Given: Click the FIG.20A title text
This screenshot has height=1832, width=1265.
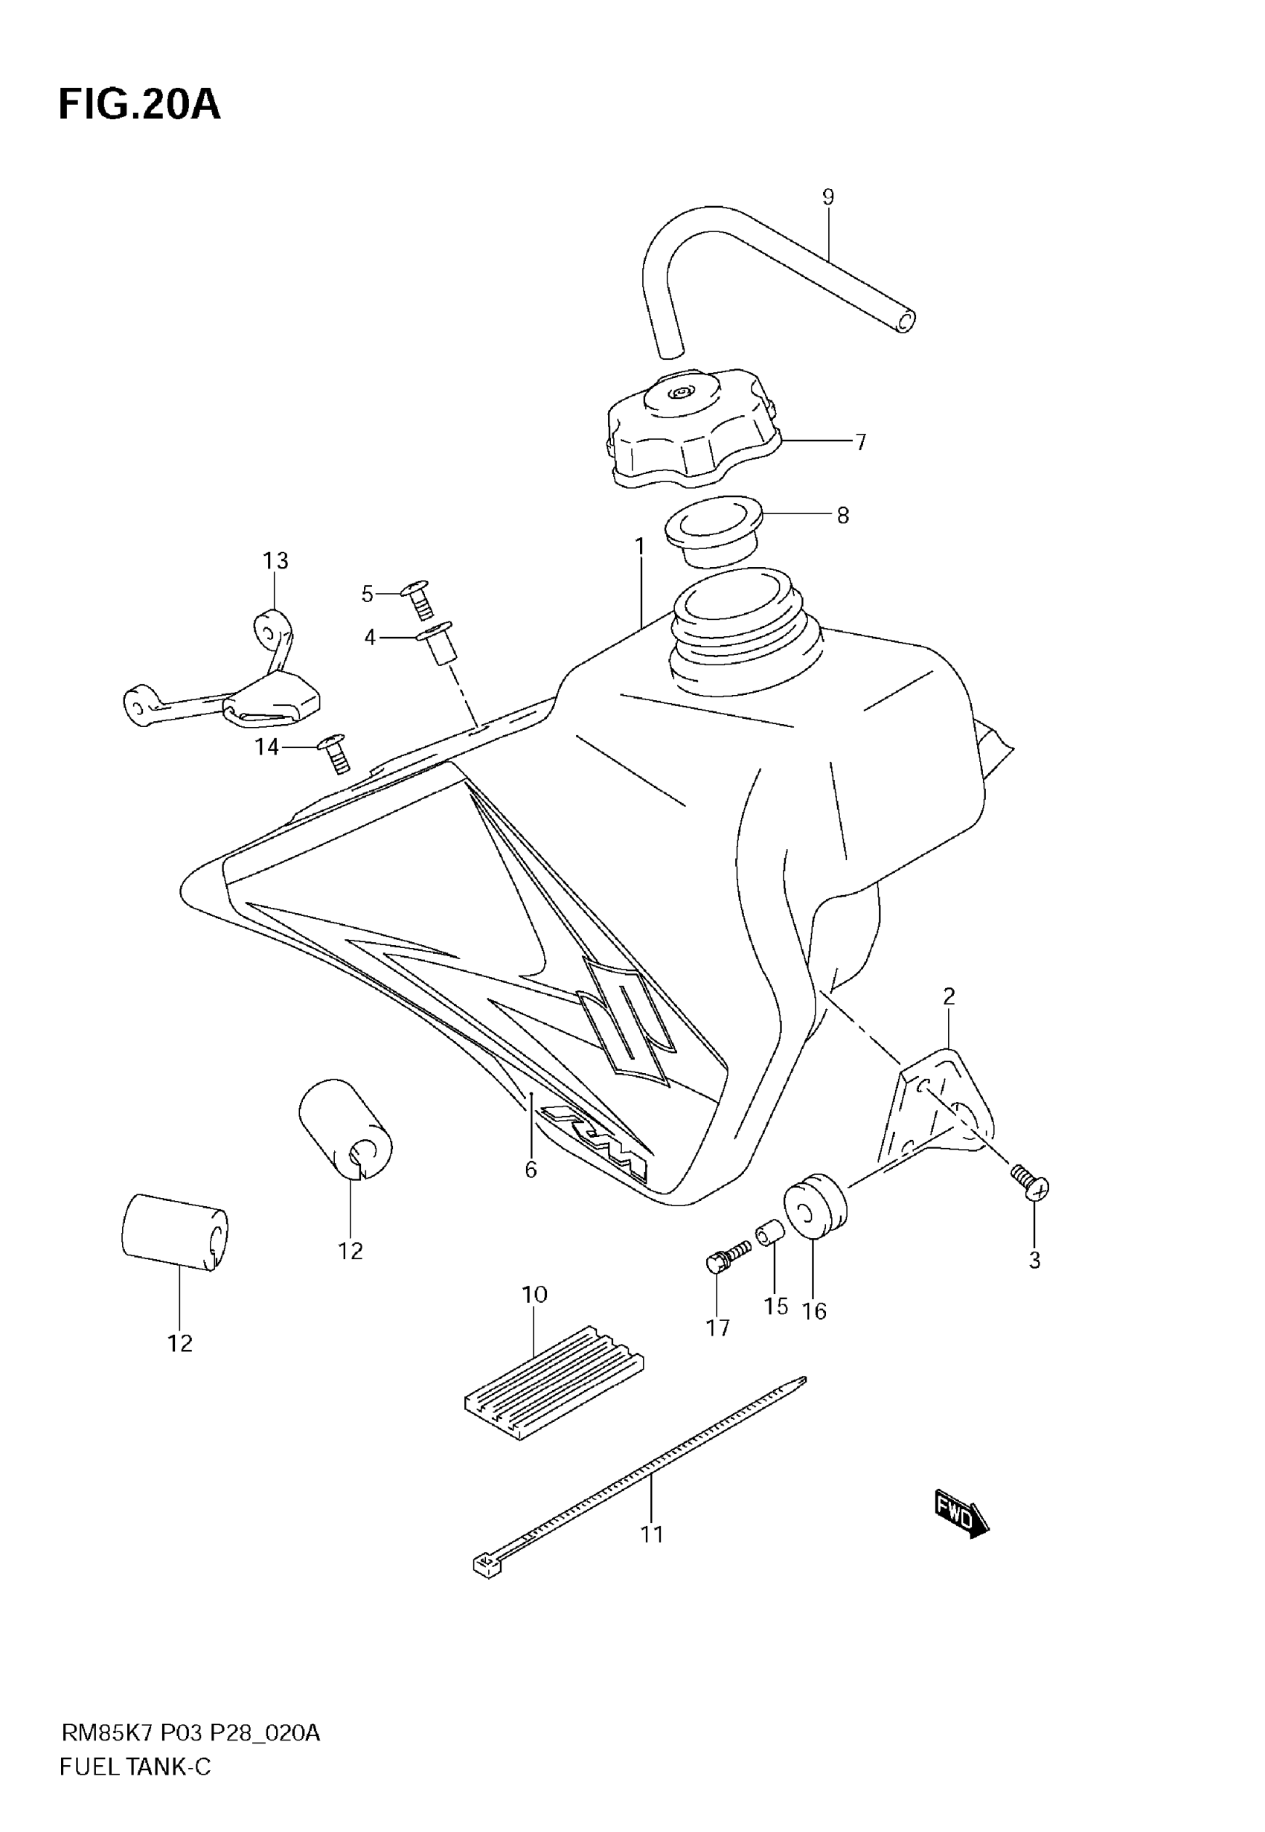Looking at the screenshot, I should [139, 105].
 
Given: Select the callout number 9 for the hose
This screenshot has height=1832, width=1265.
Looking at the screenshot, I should [828, 196].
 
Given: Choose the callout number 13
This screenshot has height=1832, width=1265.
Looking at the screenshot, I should [275, 561].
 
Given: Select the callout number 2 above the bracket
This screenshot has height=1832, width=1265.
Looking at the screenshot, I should [949, 996].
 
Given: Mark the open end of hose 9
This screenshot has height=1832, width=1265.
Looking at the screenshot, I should [905, 321].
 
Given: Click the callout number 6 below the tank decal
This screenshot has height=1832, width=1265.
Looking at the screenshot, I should [531, 1170].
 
